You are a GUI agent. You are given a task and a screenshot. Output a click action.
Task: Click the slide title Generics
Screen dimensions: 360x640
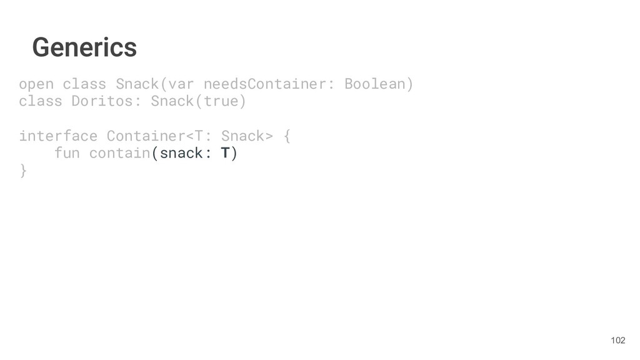[x=84, y=47]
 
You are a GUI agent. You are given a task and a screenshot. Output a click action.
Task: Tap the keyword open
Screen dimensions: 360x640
[x=36, y=84]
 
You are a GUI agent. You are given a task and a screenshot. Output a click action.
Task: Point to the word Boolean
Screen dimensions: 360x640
[x=375, y=84]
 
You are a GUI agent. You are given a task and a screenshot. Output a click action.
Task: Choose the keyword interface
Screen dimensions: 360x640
[x=58, y=136]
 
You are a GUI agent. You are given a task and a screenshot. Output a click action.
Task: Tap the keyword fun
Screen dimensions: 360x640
[x=67, y=153]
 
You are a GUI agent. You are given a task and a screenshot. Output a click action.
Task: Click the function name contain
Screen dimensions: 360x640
[x=120, y=153]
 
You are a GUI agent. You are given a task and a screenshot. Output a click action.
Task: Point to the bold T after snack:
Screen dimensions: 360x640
[x=225, y=153]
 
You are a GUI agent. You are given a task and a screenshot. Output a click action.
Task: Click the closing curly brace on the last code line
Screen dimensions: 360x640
[x=23, y=171]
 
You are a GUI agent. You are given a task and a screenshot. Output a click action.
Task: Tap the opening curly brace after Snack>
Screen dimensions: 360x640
[x=287, y=136]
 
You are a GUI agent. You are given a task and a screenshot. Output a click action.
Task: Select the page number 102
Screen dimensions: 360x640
[x=617, y=340]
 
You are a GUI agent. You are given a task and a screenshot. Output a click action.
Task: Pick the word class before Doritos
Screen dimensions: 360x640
[x=41, y=101]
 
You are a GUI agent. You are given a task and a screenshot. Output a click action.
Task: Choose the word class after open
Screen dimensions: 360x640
[x=84, y=84]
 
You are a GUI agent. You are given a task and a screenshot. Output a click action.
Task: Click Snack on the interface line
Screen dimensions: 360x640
[x=243, y=136]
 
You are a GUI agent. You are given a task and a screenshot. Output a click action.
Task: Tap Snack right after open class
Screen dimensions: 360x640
[x=133, y=84]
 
